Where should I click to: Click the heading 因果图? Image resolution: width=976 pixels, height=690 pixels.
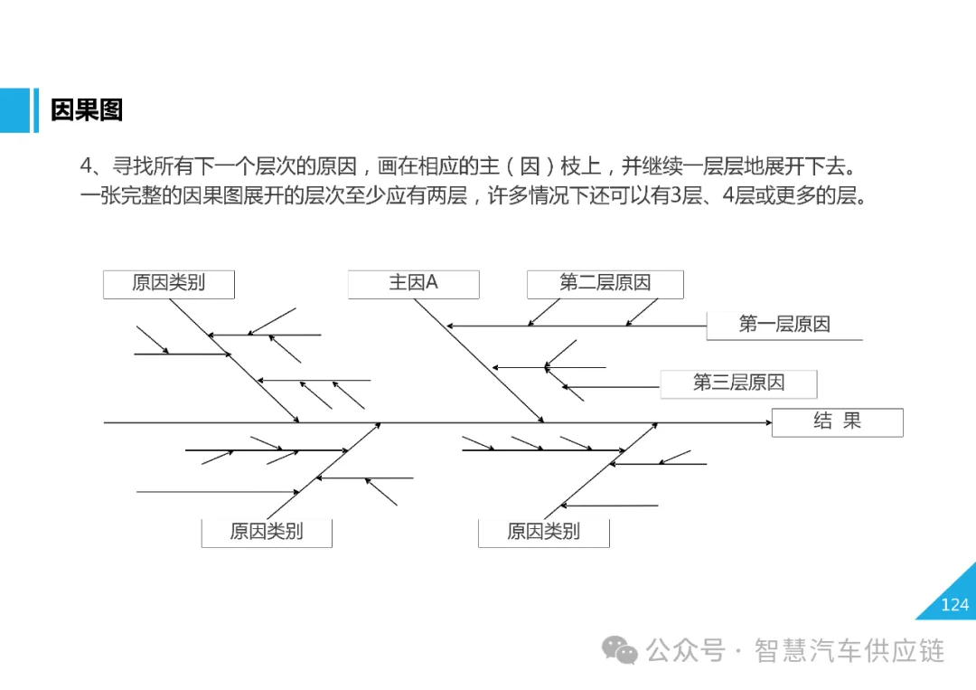(x=87, y=110)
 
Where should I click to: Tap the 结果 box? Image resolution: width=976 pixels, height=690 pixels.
(x=837, y=421)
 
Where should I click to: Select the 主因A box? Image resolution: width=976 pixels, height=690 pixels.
(x=413, y=283)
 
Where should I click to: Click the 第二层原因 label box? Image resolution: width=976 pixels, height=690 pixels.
(x=605, y=283)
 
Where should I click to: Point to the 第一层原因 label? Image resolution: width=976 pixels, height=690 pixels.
(x=784, y=325)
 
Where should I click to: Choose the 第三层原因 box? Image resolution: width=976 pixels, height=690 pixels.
(x=738, y=383)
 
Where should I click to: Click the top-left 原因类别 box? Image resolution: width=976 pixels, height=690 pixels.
(x=169, y=283)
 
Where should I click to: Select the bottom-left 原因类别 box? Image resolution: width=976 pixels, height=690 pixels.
(x=266, y=532)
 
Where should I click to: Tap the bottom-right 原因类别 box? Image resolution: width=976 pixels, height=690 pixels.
(x=543, y=532)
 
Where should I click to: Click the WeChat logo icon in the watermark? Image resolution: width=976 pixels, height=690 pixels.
(x=620, y=649)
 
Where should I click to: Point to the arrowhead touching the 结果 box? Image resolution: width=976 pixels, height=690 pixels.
(x=766, y=422)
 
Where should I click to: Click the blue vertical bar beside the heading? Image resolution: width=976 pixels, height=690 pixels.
(x=35, y=110)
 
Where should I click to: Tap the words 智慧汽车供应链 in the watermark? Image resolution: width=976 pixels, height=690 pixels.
(x=849, y=650)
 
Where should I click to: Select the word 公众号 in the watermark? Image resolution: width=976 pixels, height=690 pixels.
(x=685, y=650)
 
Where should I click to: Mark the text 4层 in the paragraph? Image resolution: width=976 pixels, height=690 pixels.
(x=738, y=195)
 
